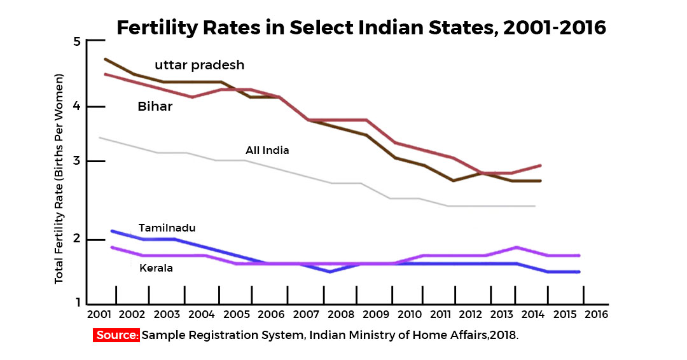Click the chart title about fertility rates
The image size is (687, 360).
pos(361,28)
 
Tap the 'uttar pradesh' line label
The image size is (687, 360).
pos(200,65)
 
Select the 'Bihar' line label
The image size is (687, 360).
pos(155,106)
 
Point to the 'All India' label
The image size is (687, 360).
pos(267,151)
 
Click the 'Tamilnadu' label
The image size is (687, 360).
pos(167,228)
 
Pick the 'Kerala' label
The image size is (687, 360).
pos(156,268)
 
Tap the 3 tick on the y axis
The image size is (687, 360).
pos(78,162)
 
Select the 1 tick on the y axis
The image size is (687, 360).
pos(78,304)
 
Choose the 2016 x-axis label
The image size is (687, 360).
pos(595,314)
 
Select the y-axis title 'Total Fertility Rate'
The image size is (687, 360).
pos(59,180)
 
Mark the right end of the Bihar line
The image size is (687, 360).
pos(541,165)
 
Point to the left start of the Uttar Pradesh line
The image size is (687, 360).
pos(105,59)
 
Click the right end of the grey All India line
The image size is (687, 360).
pos(535,206)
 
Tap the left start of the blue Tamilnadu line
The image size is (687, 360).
pos(112,231)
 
